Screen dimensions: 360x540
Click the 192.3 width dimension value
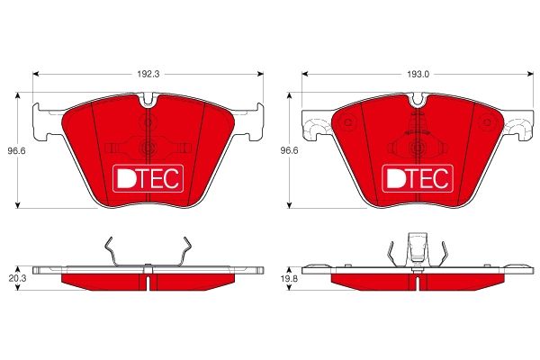pos(148,65)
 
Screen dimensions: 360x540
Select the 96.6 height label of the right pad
pos(286,150)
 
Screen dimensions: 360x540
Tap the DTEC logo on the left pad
pos(148,178)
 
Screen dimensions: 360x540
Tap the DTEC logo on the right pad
pos(416,178)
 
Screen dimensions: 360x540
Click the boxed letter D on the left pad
pos(126,178)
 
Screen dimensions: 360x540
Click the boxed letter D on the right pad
pos(394,178)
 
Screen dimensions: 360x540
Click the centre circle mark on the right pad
pos(417,148)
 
